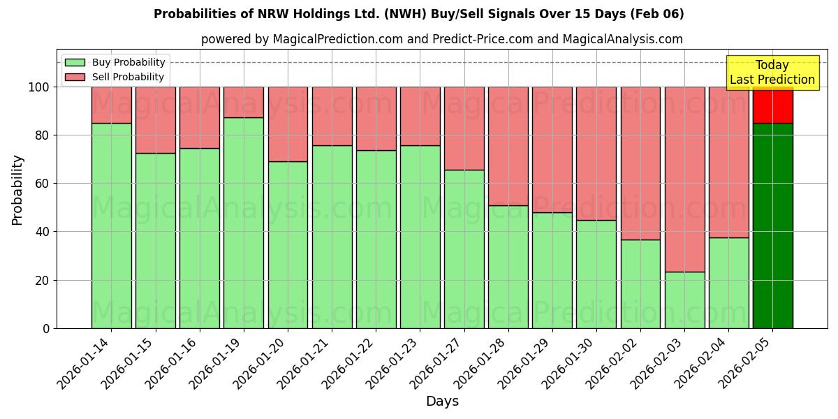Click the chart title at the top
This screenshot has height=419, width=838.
418,14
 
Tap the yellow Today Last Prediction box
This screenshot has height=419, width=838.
772,73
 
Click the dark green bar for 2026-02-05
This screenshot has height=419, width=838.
772,226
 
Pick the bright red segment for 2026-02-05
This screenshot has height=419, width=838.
772,105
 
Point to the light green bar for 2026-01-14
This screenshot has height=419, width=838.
112,226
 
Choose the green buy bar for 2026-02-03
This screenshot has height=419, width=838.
684,300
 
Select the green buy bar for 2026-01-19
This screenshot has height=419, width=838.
244,223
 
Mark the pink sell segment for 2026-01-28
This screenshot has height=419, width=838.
508,146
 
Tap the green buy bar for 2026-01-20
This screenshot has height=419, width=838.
288,244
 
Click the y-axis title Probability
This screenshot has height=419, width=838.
18,190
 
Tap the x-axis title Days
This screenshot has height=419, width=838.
442,402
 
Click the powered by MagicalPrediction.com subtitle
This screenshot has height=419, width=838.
441,39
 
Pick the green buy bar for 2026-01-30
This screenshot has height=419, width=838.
596,274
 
